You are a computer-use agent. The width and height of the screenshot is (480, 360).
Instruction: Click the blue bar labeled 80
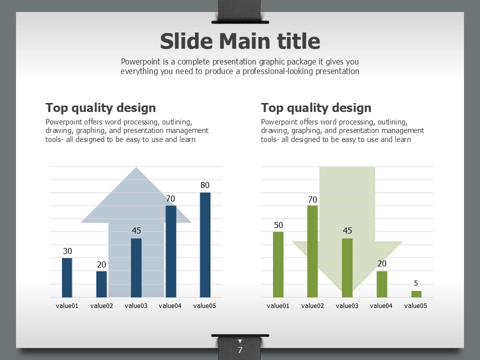pos(205,245)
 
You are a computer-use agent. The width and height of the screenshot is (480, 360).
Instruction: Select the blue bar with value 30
pos(67,277)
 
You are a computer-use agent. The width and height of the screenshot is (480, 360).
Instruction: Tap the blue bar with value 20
pos(101,284)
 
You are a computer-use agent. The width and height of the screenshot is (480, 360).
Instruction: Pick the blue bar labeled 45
pos(136,268)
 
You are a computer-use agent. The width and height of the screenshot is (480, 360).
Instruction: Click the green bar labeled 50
pos(278,264)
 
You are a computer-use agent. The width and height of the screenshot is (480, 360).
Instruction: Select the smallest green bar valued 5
pos(416,294)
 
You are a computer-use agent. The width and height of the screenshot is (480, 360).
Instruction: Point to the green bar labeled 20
pos(381,284)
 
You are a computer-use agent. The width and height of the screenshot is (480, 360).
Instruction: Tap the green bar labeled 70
pos(312,251)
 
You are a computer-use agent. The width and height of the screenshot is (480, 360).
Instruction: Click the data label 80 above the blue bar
pos(205,185)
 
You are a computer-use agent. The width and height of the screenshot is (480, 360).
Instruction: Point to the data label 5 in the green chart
pos(415,283)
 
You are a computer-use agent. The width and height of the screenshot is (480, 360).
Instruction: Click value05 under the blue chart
pos(204,306)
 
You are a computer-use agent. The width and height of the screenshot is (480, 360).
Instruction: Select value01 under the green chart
pos(278,306)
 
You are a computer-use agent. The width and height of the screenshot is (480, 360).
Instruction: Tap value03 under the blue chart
pos(136,306)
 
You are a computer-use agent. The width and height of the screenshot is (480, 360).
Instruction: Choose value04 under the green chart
pos(381,306)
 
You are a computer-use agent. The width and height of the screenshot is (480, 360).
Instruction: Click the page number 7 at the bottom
pos(240,350)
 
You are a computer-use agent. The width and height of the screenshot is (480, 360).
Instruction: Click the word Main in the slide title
pos(245,41)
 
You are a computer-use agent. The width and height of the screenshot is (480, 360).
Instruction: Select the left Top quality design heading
pos(100,108)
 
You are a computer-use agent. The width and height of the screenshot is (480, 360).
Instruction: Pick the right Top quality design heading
pos(316,108)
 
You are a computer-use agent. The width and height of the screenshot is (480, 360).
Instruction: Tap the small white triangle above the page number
pos(240,341)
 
